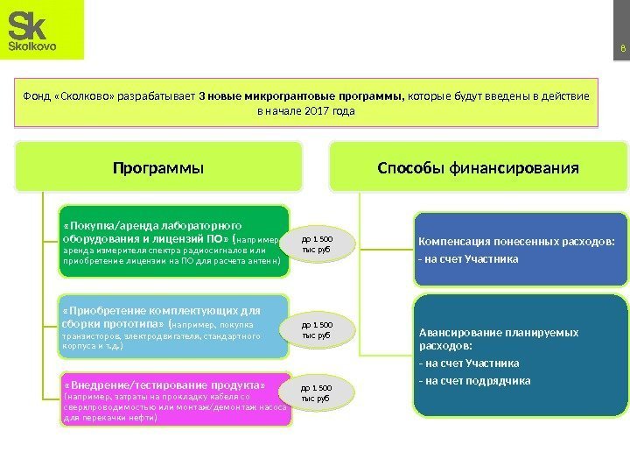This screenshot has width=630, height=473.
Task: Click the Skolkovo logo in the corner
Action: click(x=41, y=30)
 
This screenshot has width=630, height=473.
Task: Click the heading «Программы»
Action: click(x=158, y=166)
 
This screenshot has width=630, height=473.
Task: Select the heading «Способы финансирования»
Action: click(x=478, y=166)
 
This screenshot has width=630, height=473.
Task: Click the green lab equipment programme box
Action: click(x=173, y=241)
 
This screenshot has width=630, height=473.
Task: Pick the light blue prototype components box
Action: click(x=173, y=327)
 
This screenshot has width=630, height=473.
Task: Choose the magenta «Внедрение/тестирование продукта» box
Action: click(x=173, y=401)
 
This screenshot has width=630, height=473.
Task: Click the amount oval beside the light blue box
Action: click(x=318, y=329)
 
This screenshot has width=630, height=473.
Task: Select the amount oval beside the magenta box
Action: click(x=318, y=392)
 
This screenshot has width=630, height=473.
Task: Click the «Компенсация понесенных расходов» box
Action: click(x=521, y=249)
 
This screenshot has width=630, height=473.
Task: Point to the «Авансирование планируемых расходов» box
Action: click(x=521, y=354)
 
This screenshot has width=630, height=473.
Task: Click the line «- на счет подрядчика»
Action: click(x=475, y=381)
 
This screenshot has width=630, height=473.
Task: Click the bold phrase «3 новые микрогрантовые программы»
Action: click(x=300, y=95)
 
